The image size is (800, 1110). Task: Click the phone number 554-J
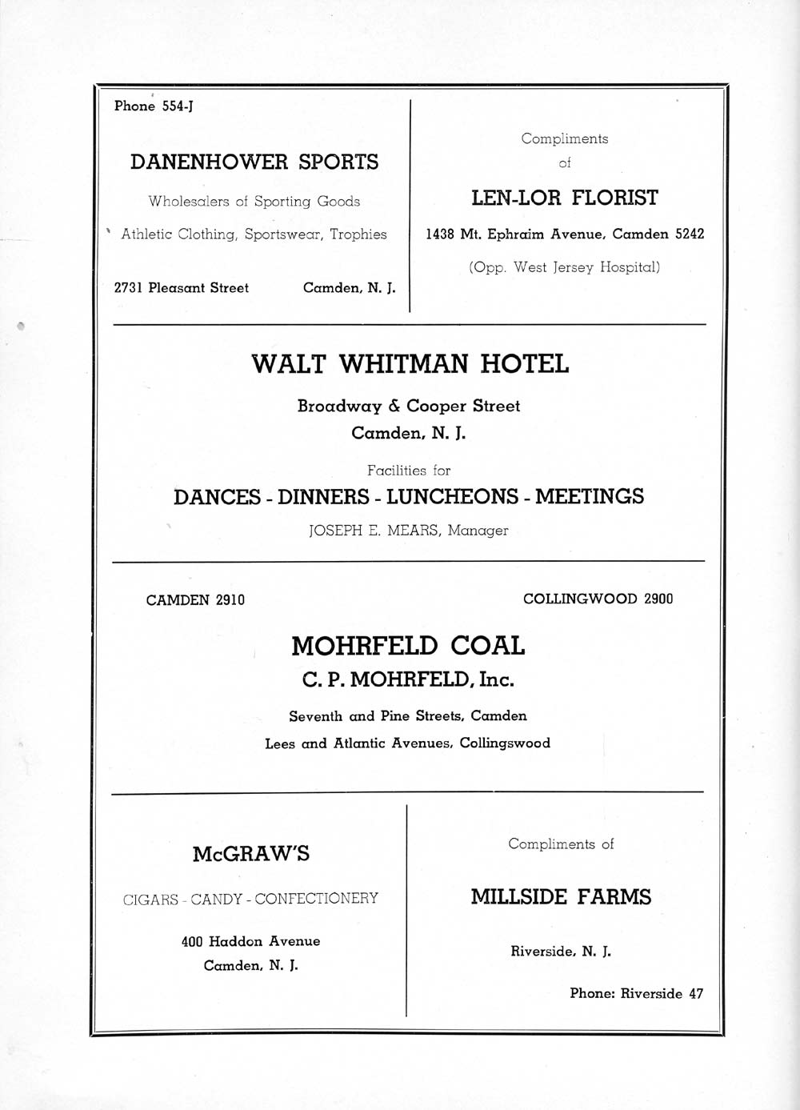pyautogui.click(x=178, y=106)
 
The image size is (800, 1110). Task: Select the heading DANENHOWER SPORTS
pyautogui.click(x=254, y=162)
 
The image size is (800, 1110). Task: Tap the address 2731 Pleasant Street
pyautogui.click(x=182, y=288)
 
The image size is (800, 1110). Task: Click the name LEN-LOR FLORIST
pyautogui.click(x=564, y=198)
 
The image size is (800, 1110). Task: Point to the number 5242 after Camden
pyautogui.click(x=690, y=234)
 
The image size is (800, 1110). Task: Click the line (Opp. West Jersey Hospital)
pyautogui.click(x=564, y=267)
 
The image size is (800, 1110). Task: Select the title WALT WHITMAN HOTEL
pyautogui.click(x=410, y=364)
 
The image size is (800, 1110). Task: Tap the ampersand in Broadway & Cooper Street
pyautogui.click(x=394, y=407)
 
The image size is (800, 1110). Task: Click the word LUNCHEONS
pyautogui.click(x=452, y=497)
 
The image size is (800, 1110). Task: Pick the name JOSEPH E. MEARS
pyautogui.click(x=374, y=531)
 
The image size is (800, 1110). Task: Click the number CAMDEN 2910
pyautogui.click(x=195, y=600)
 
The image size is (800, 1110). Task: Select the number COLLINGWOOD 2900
pyautogui.click(x=598, y=599)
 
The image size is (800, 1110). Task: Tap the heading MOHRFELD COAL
pyautogui.click(x=408, y=646)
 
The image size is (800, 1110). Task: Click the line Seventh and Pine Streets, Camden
pyautogui.click(x=408, y=716)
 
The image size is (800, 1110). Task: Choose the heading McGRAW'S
pyautogui.click(x=250, y=855)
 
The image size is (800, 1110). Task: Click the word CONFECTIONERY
pyautogui.click(x=317, y=900)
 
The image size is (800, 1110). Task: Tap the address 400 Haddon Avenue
pyautogui.click(x=250, y=942)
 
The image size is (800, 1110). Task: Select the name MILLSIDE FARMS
pyautogui.click(x=561, y=897)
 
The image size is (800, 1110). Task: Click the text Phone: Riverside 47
pyautogui.click(x=636, y=994)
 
